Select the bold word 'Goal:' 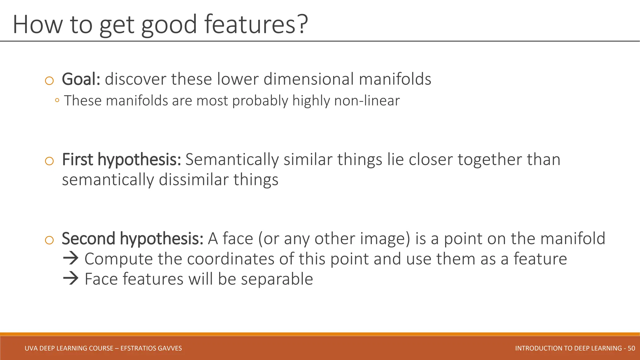[81, 79]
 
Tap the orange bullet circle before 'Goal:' [49, 81]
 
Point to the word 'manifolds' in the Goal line [395, 79]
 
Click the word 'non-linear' [367, 101]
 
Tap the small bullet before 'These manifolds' [57, 101]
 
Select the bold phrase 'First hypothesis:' [122, 160]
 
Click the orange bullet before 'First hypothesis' [49, 161]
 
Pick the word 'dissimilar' [194, 180]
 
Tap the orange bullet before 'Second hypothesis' [49, 240]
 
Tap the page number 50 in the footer [631, 348]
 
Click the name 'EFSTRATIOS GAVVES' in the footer [151, 348]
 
